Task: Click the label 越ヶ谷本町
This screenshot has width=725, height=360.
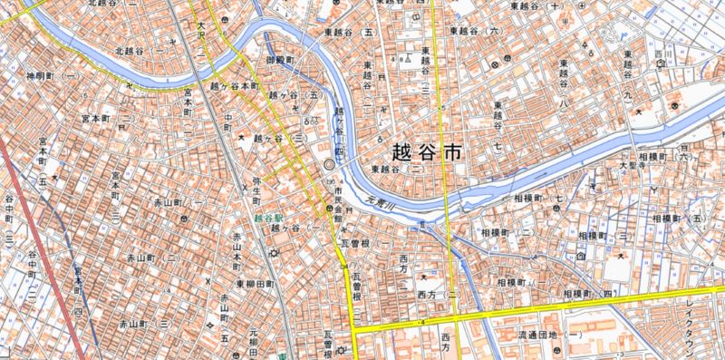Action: pyautogui.click(x=234, y=87)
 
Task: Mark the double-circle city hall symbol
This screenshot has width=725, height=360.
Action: pyautogui.click(x=328, y=166)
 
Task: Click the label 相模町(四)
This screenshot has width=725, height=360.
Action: pyautogui.click(x=586, y=295)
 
